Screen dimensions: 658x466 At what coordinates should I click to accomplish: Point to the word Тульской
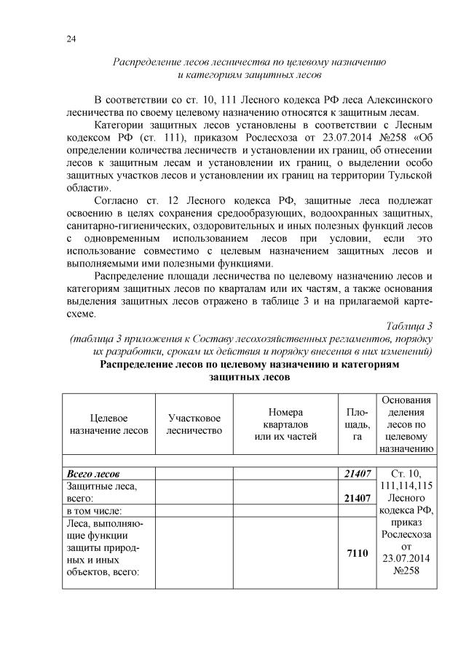411,176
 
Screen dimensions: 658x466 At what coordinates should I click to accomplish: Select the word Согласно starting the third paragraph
119,200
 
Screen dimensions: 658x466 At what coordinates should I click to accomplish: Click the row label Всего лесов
93,474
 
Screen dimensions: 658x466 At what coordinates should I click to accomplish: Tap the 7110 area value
358,555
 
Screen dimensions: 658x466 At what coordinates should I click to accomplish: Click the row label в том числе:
94,512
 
